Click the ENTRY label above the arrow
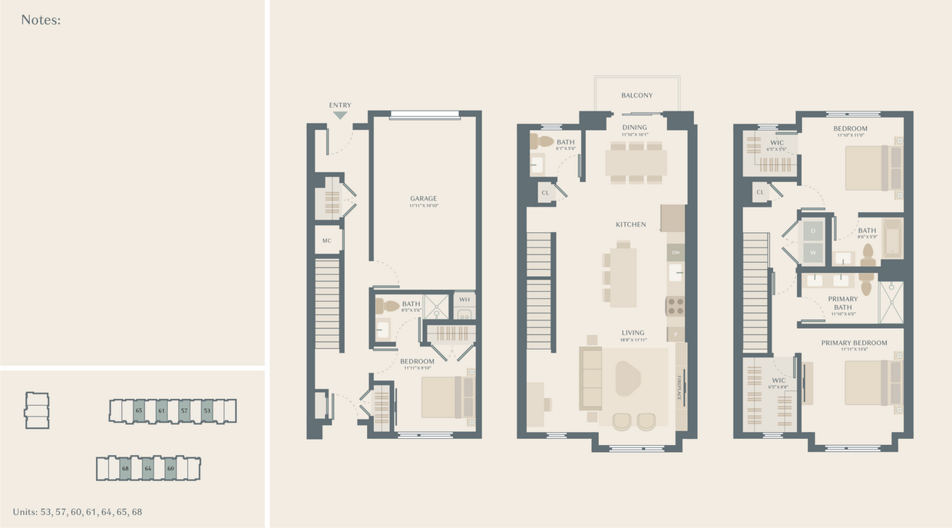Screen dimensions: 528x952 pos(340,105)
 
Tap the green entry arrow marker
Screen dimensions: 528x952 pos(340,115)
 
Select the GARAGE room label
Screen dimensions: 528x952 pos(423,198)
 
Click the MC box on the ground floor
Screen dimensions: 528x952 pos(327,241)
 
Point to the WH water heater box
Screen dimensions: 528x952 pos(464,300)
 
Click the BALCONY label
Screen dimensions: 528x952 pos(637,95)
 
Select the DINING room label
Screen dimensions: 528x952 pos(635,128)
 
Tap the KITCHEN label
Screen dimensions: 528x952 pos(631,224)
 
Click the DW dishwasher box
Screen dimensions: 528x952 pos(676,253)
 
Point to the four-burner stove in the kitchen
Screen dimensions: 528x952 pos(676,306)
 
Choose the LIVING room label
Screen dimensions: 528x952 pos(633,333)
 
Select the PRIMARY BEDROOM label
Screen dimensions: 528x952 pos(854,343)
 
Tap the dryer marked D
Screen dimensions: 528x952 pos(812,231)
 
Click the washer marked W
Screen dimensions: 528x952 pos(812,252)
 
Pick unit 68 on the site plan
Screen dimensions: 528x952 pos(125,468)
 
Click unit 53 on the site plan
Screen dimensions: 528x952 pos(207,410)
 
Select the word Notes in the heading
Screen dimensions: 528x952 pos(39,20)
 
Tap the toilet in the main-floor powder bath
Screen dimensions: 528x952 pos(544,141)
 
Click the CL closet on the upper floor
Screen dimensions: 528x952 pos(760,192)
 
